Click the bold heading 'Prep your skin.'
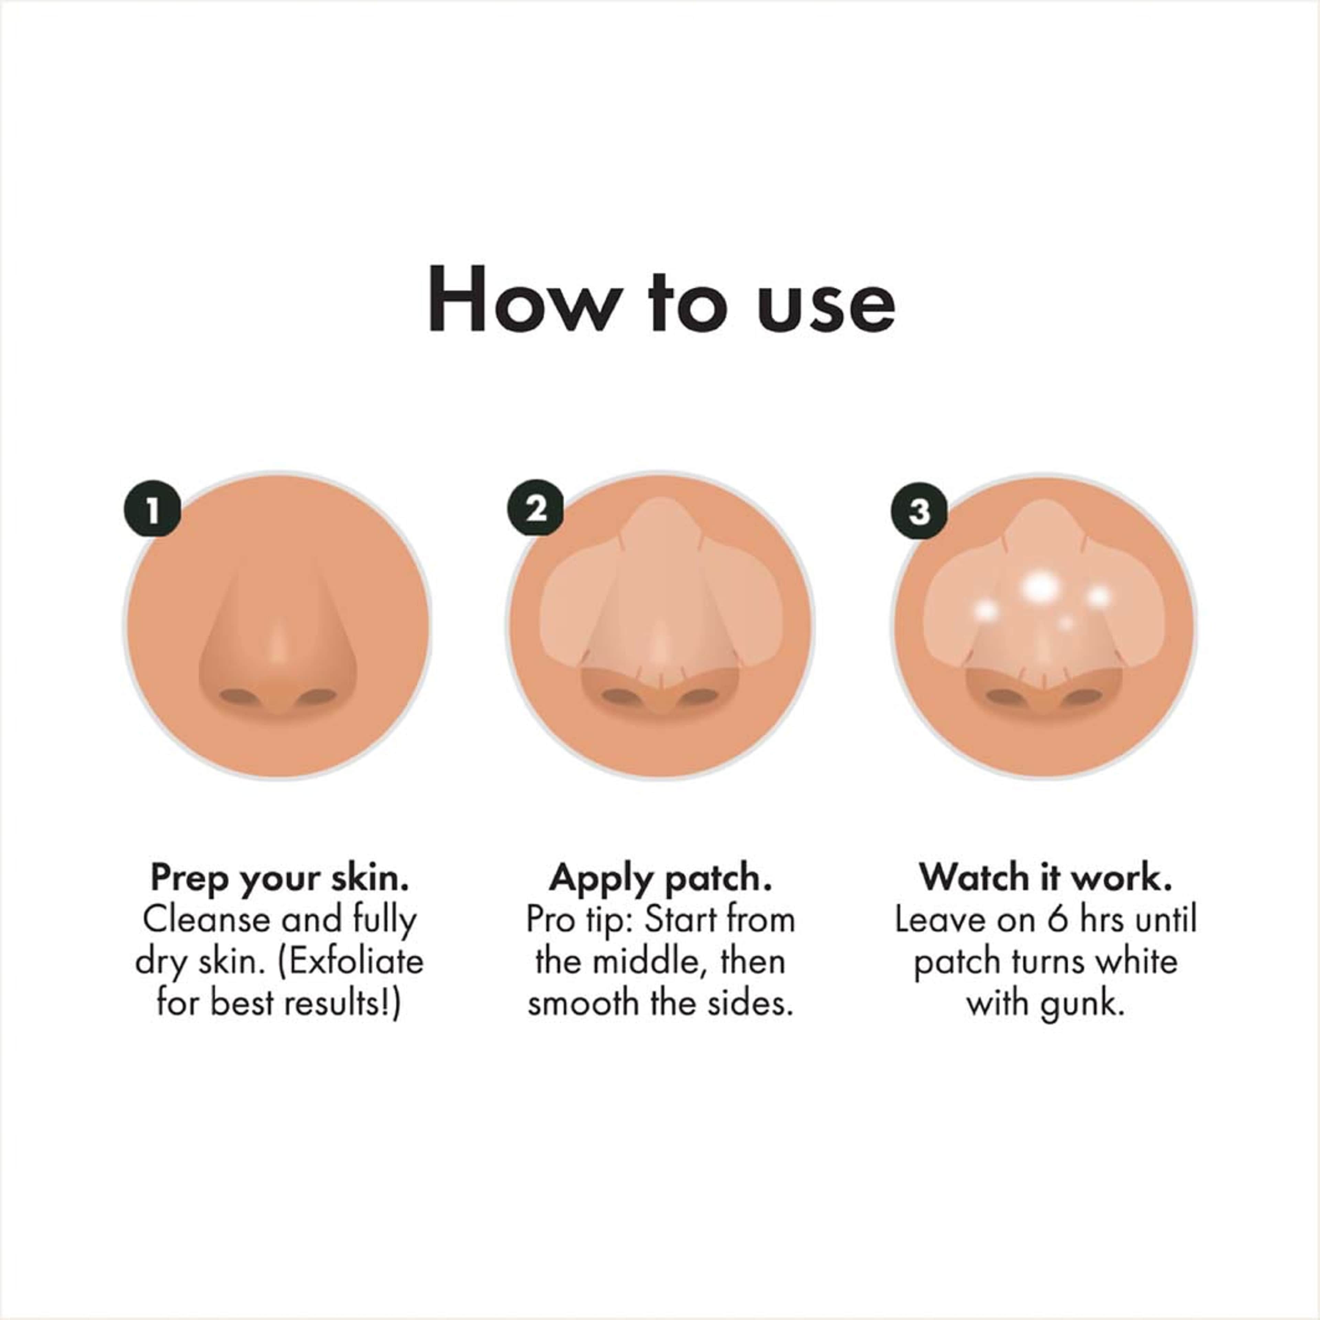(x=279, y=878)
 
